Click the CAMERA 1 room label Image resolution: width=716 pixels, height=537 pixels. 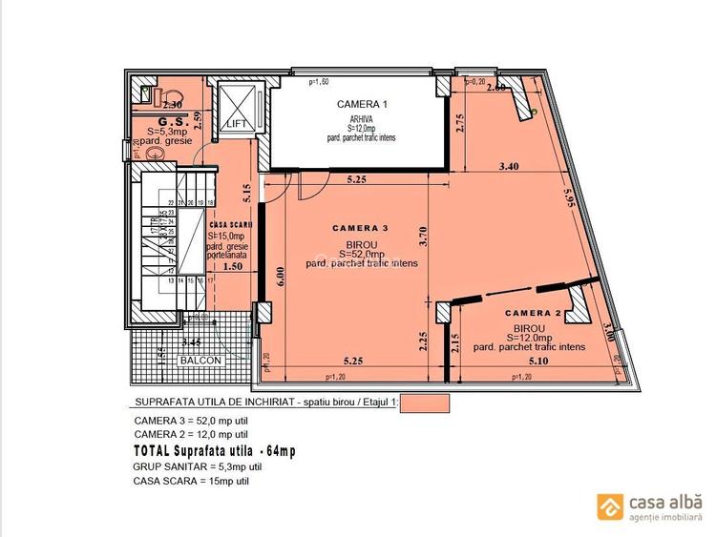tap(362, 104)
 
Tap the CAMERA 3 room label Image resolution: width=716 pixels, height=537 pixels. tap(360, 228)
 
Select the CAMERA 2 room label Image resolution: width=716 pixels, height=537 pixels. tap(533, 313)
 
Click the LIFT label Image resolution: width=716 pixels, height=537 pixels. tap(236, 124)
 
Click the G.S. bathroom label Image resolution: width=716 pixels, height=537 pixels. tap(172, 122)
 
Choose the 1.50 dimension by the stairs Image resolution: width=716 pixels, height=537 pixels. tap(233, 268)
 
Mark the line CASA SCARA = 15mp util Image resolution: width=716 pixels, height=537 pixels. tap(192, 481)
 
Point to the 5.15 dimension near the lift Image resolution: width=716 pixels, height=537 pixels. tap(246, 195)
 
